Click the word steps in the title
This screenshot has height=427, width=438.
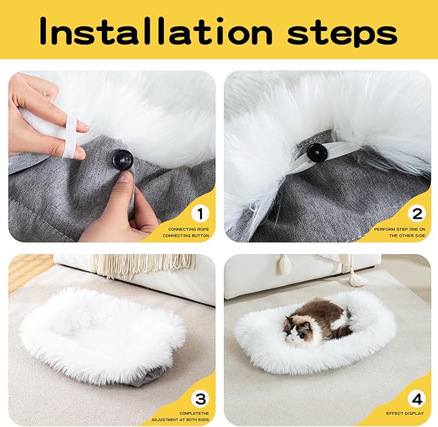coord(341,33)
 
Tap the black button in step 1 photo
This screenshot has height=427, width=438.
coord(122,159)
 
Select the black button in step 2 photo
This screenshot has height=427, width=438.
coord(316,153)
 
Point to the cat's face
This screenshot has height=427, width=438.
coord(295,333)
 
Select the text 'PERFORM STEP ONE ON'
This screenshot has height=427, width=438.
coord(399,229)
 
